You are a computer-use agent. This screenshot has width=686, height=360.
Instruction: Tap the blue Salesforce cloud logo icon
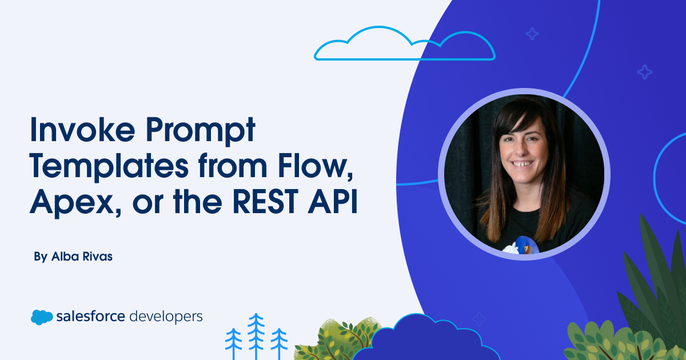42,317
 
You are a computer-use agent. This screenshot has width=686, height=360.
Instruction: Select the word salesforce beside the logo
91,316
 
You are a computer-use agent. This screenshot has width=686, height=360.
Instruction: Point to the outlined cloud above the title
404,45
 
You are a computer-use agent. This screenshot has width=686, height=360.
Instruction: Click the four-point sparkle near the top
532,34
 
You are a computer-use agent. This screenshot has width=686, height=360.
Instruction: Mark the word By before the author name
40,257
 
